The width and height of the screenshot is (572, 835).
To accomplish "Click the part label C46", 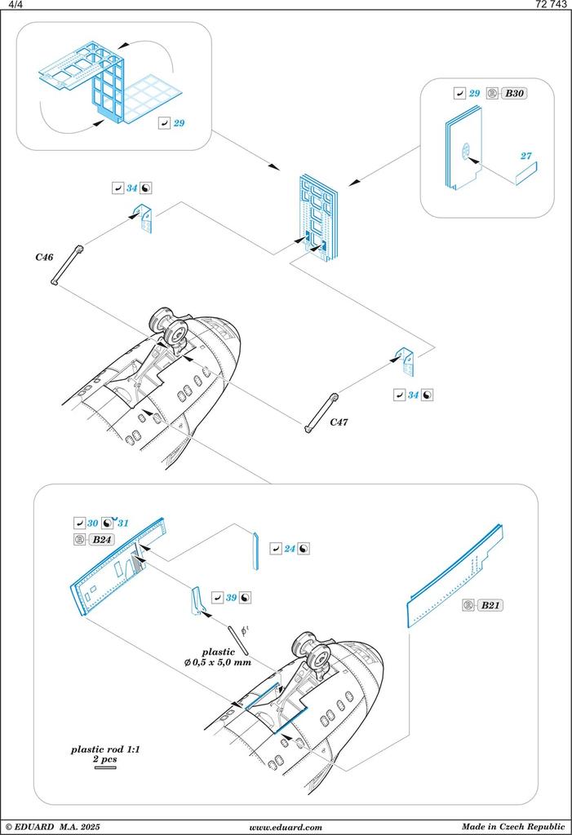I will click(44, 257).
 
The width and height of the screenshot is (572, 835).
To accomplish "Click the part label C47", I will click(339, 422).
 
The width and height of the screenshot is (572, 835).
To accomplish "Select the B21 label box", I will click(490, 605).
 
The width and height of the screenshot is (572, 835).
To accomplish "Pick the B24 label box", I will click(101, 540).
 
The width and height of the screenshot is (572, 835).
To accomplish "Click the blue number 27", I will click(526, 155).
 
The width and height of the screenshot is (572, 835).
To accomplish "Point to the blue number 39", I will click(231, 598).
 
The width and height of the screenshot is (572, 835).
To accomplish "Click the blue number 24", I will click(289, 548).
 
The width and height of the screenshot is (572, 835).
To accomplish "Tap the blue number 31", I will click(123, 523).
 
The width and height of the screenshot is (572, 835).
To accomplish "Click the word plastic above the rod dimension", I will click(218, 652).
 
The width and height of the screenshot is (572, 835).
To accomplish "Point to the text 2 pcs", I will click(105, 758).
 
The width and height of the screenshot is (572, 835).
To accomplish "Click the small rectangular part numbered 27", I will click(526, 173).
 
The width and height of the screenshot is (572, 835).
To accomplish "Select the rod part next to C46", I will click(68, 265).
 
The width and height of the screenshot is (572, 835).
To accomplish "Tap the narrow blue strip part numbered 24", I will click(255, 553).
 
